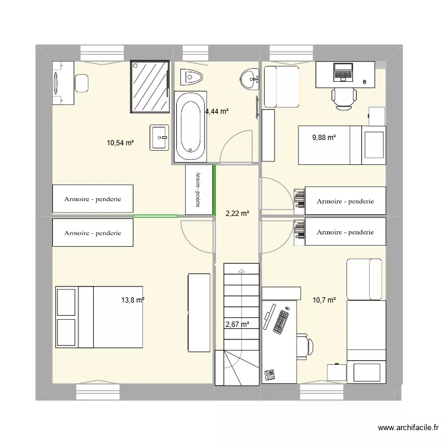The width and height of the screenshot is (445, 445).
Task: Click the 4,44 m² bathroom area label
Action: point(217,111)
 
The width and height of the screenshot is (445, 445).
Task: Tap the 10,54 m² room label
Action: point(119,142)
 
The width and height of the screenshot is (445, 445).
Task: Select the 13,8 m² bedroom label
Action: point(133,300)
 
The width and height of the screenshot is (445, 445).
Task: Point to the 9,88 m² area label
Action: point(324,138)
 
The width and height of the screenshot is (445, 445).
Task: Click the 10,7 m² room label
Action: point(324,300)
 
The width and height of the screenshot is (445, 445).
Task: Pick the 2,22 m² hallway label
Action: point(237,214)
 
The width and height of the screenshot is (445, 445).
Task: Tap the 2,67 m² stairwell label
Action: point(237,324)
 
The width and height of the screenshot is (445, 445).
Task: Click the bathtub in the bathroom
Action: point(190,126)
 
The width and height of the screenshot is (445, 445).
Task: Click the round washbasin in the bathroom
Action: point(250,78)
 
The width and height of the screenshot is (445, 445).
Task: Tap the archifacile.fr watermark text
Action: point(409,427)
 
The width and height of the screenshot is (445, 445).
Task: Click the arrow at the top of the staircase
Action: point(241,271)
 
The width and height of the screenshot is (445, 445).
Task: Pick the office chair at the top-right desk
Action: point(344,97)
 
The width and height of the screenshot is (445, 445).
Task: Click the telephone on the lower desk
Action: point(271,374)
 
